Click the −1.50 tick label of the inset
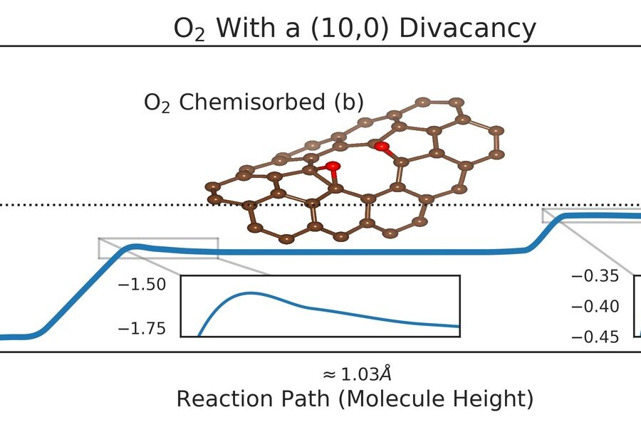coord(145,285)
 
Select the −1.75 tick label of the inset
coord(145,328)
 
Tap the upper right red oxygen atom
coord(382,147)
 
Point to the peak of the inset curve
coord(251,292)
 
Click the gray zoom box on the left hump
coord(158,248)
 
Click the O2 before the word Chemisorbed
coord(157,104)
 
